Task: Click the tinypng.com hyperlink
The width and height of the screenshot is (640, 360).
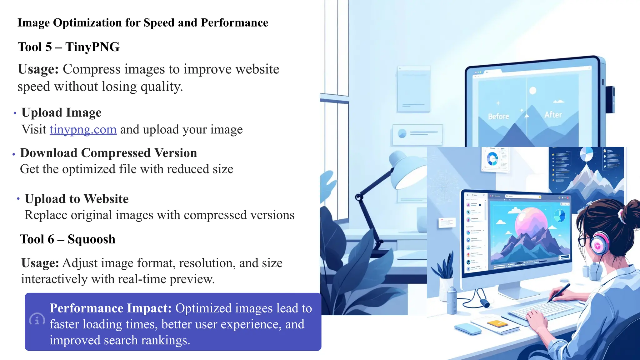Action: click(83, 129)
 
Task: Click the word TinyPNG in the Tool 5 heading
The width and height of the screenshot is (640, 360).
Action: click(92, 47)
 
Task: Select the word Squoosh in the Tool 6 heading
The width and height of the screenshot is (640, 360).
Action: click(91, 239)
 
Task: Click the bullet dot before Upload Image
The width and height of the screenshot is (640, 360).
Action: click(15, 113)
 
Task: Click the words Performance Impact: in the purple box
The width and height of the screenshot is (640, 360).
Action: click(111, 308)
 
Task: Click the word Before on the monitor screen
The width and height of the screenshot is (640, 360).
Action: click(498, 117)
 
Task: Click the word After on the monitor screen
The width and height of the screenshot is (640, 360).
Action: click(553, 115)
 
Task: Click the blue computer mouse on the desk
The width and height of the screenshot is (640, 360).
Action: click(468, 329)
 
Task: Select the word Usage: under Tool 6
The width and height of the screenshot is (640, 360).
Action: click(40, 263)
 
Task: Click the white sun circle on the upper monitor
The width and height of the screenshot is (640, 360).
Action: click(533, 91)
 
